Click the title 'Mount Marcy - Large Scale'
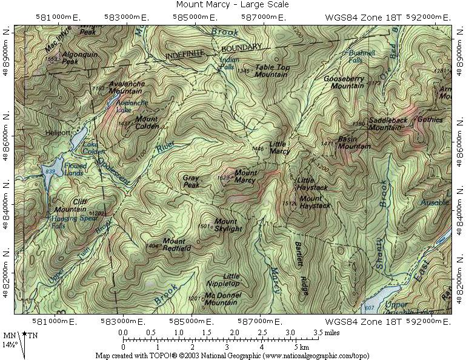coord(232,5)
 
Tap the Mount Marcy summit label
coord(245,176)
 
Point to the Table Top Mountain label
coord(271,71)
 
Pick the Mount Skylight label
coord(228,225)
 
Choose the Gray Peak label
coord(191,182)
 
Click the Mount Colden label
coord(147,122)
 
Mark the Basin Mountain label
coord(354,142)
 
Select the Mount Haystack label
coord(315,202)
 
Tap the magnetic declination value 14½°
coord(9,345)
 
